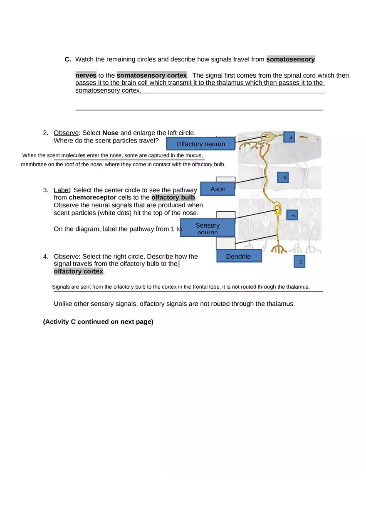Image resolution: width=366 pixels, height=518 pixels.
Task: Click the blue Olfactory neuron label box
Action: (x=200, y=144)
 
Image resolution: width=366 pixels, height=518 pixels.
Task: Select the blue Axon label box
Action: (x=218, y=189)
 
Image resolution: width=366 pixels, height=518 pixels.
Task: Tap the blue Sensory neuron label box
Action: (x=207, y=228)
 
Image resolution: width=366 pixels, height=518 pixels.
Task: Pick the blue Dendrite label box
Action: (x=239, y=256)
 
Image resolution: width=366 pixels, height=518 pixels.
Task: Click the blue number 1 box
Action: (x=299, y=262)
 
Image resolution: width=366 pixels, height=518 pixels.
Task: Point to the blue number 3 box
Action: (x=283, y=177)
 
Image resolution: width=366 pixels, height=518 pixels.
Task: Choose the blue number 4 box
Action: (x=289, y=137)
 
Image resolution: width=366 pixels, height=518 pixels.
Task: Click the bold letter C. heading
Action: (x=68, y=59)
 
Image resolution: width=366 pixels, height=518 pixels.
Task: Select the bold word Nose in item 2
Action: (x=110, y=133)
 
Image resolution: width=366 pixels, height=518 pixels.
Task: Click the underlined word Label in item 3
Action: (x=62, y=190)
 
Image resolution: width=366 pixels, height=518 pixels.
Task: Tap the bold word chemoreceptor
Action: (x=92, y=197)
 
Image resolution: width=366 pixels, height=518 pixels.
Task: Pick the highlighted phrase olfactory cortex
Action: (x=79, y=271)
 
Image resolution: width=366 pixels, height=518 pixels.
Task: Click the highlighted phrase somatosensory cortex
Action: (x=152, y=75)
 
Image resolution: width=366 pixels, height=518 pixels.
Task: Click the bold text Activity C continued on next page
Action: (x=98, y=322)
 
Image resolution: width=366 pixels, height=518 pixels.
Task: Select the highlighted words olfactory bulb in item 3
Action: (x=173, y=197)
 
